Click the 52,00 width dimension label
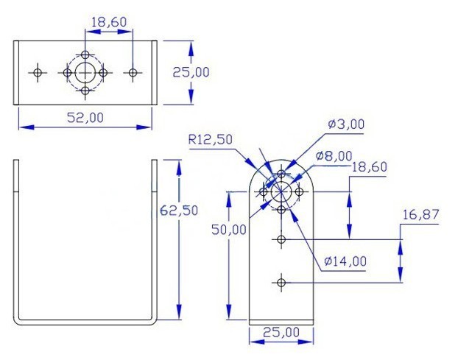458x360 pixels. (85, 117)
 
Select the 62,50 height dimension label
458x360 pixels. (179, 210)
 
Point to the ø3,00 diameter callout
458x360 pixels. (346, 124)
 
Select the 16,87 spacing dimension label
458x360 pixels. (420, 214)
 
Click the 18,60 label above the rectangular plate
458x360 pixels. (108, 23)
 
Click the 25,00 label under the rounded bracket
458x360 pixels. (282, 332)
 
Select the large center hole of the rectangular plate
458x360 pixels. (86, 72)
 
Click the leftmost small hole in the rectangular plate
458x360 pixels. (38, 72)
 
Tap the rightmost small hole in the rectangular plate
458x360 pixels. (133, 72)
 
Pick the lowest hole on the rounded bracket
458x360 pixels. (281, 281)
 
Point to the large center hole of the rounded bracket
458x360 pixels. (281, 192)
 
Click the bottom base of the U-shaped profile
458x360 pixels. (85, 320)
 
